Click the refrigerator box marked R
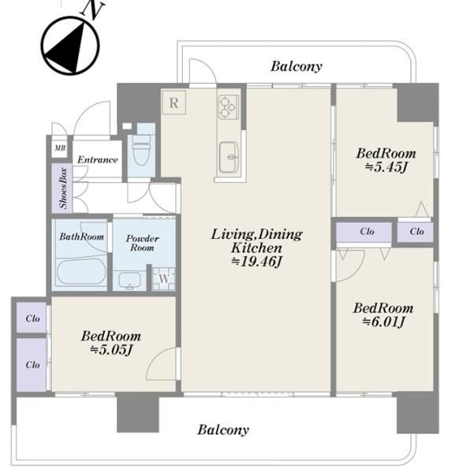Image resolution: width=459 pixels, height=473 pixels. point(174,102)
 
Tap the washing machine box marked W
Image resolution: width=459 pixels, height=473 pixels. point(163,279)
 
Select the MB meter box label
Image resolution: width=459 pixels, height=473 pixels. point(60,148)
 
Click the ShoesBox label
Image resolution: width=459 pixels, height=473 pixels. point(63,188)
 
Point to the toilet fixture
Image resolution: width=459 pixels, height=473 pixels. point(141,149)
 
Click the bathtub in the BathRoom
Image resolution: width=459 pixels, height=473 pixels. point(81,271)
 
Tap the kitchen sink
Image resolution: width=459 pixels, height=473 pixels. point(229,157)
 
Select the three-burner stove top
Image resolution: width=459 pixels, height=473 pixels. point(229,106)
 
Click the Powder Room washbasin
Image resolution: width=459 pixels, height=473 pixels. point(129,281)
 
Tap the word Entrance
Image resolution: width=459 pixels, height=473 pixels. point(97,159)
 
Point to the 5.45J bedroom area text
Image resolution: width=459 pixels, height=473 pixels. point(386,167)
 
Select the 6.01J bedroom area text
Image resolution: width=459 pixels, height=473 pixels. point(383,322)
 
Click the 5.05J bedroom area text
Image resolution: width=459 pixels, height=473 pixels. point(111,350)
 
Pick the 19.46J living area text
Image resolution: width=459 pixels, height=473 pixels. point(256,262)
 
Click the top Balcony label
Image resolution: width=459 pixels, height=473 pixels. point(296,66)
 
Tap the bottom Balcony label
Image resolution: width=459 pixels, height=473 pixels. point(223,430)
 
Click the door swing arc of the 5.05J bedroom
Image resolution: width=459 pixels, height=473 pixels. point(155,358)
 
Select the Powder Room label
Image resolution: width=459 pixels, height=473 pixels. point(142,243)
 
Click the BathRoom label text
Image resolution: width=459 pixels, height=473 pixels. point(81,236)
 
